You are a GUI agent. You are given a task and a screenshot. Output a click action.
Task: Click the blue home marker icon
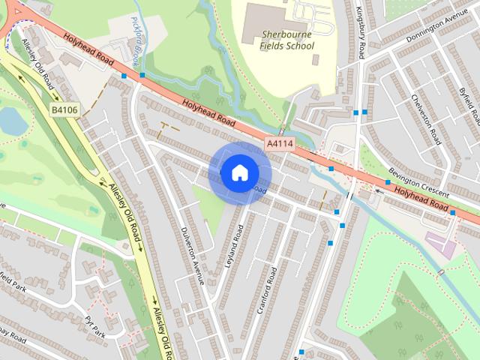(x=239, y=172)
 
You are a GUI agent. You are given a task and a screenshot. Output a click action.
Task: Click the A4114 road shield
(x=279, y=142)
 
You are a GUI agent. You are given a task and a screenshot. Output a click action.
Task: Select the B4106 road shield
(x=64, y=110)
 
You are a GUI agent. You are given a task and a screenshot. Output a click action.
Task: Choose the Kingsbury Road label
(x=361, y=34)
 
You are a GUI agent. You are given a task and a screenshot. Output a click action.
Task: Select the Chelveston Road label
(x=424, y=117)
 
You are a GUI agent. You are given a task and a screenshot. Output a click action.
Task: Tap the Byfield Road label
(x=469, y=105)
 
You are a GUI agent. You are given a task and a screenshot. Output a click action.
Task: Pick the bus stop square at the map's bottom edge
(x=301, y=352)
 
